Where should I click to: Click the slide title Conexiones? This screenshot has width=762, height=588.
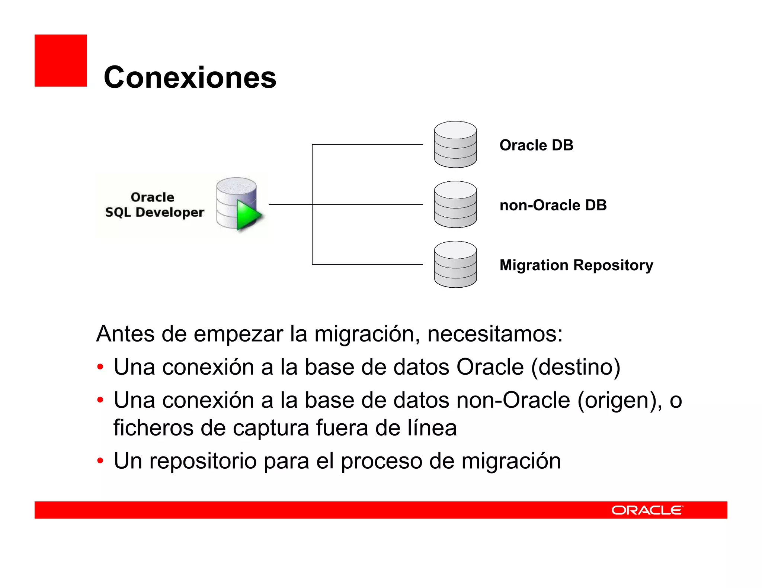tap(190, 77)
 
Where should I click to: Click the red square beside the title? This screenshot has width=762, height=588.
tap(61, 61)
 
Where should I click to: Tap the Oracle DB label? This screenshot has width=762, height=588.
tap(536, 145)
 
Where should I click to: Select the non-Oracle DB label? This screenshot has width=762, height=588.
tap(553, 205)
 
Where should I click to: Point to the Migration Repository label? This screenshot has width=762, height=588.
tap(576, 265)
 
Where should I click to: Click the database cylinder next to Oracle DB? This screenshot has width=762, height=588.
tap(455, 145)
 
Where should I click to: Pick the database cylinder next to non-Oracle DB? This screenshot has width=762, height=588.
tap(455, 204)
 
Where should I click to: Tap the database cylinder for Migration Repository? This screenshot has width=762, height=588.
tap(455, 264)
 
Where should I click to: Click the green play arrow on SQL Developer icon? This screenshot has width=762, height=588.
tap(248, 215)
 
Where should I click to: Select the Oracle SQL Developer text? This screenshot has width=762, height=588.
tap(154, 204)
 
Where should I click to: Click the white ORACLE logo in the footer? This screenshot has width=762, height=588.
tap(647, 510)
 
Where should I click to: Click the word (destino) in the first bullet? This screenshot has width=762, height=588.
tap(576, 367)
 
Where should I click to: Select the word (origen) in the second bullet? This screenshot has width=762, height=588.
tap(619, 401)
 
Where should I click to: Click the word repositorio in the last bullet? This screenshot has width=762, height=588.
tap(203, 461)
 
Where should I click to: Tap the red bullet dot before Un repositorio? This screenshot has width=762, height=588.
tap(100, 461)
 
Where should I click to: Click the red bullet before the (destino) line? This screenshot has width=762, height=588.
tap(100, 367)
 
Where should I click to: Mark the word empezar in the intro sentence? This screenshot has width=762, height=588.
tap(238, 334)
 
